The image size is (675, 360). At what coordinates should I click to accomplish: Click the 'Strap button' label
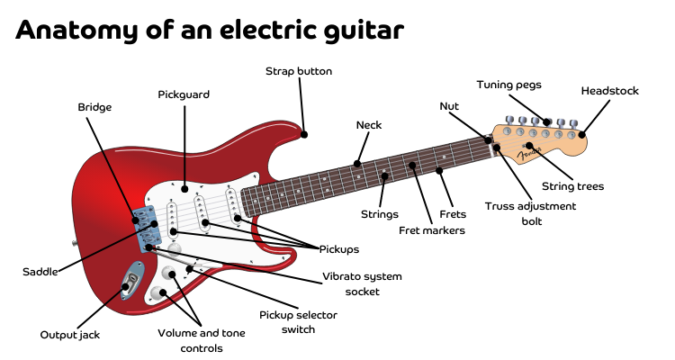point(299,71)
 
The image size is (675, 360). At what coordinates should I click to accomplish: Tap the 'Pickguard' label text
point(184,94)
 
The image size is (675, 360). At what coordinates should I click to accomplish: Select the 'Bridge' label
point(94,107)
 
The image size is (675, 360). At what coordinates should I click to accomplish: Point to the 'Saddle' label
point(40,271)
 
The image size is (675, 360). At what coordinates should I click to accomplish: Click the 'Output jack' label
point(69,334)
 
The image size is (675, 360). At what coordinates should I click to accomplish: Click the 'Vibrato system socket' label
point(362,283)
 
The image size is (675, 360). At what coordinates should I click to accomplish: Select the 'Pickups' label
point(337,248)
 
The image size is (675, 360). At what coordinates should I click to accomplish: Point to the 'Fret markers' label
point(432,230)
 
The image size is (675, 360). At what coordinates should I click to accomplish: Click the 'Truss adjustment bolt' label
point(530,212)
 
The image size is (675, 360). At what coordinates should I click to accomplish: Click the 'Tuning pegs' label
point(509,85)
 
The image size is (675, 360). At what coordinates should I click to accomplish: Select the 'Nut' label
point(449,105)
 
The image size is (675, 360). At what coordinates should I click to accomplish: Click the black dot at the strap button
point(305,134)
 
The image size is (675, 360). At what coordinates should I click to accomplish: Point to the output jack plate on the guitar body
point(132,280)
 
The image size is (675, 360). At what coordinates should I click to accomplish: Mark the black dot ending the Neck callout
point(357,164)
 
